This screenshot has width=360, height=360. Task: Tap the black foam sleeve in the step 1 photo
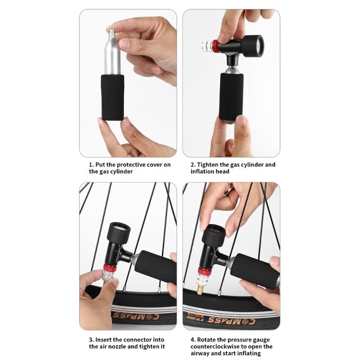click(x=113, y=97)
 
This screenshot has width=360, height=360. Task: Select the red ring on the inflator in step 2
click(x=216, y=46)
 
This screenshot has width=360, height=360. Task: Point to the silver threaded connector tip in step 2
click(x=207, y=46)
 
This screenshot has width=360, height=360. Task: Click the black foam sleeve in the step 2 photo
click(x=231, y=97)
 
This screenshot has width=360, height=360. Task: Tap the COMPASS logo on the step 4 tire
click(x=231, y=320)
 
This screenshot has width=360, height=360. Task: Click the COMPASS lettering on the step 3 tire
click(x=135, y=316)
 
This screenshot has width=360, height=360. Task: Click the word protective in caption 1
click(x=130, y=165)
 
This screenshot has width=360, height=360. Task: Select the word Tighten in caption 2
click(x=207, y=165)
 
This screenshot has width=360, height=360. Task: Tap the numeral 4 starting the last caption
click(x=193, y=340)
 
